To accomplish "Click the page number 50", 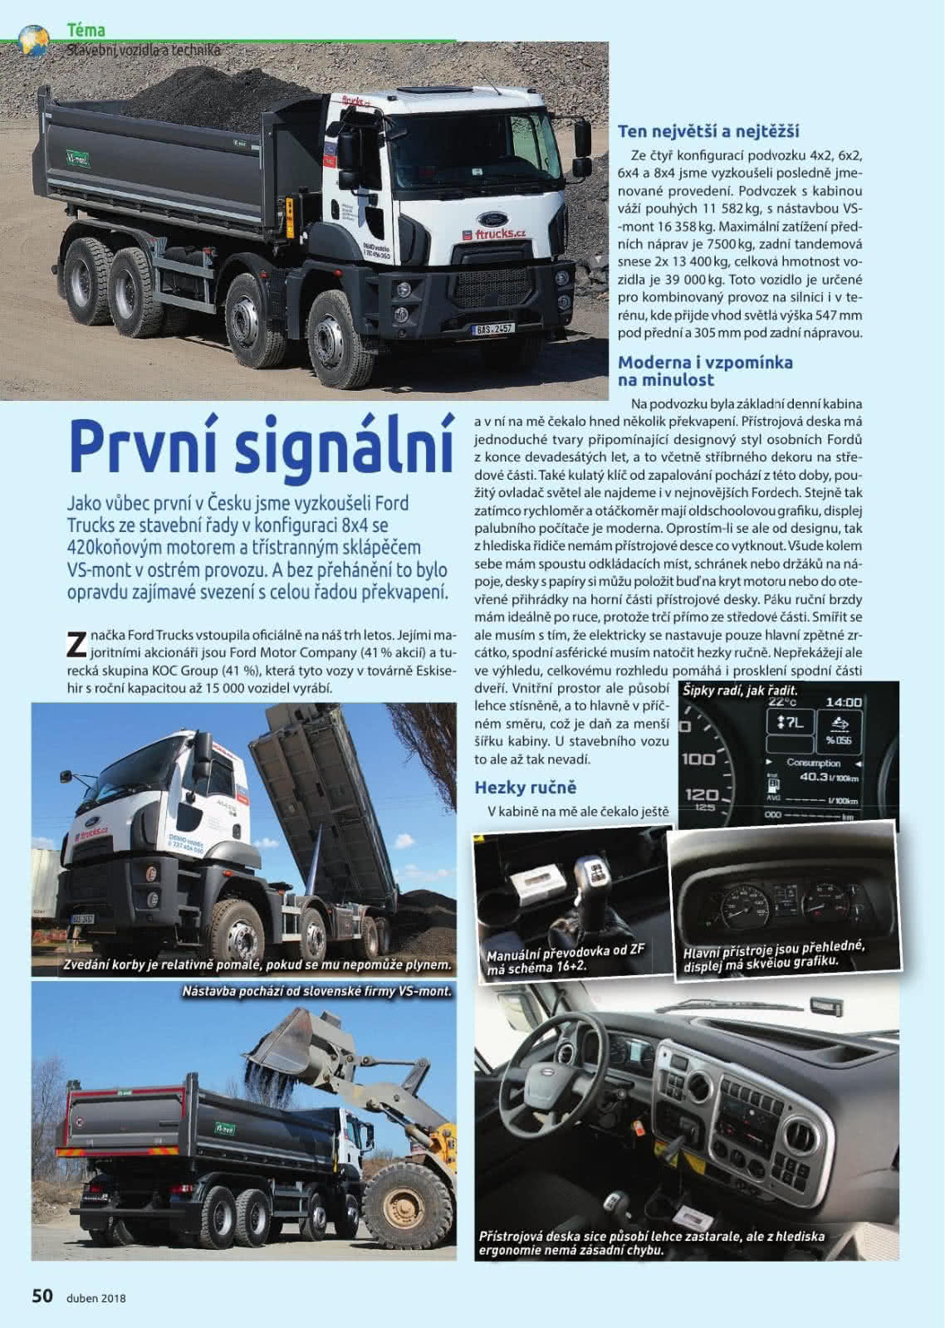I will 42,1295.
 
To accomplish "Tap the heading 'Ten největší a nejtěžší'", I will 708,131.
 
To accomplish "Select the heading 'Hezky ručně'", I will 525,787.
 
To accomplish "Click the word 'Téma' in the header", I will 86,31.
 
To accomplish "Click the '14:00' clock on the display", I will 843,702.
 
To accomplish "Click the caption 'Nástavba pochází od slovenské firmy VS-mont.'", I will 316,992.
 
